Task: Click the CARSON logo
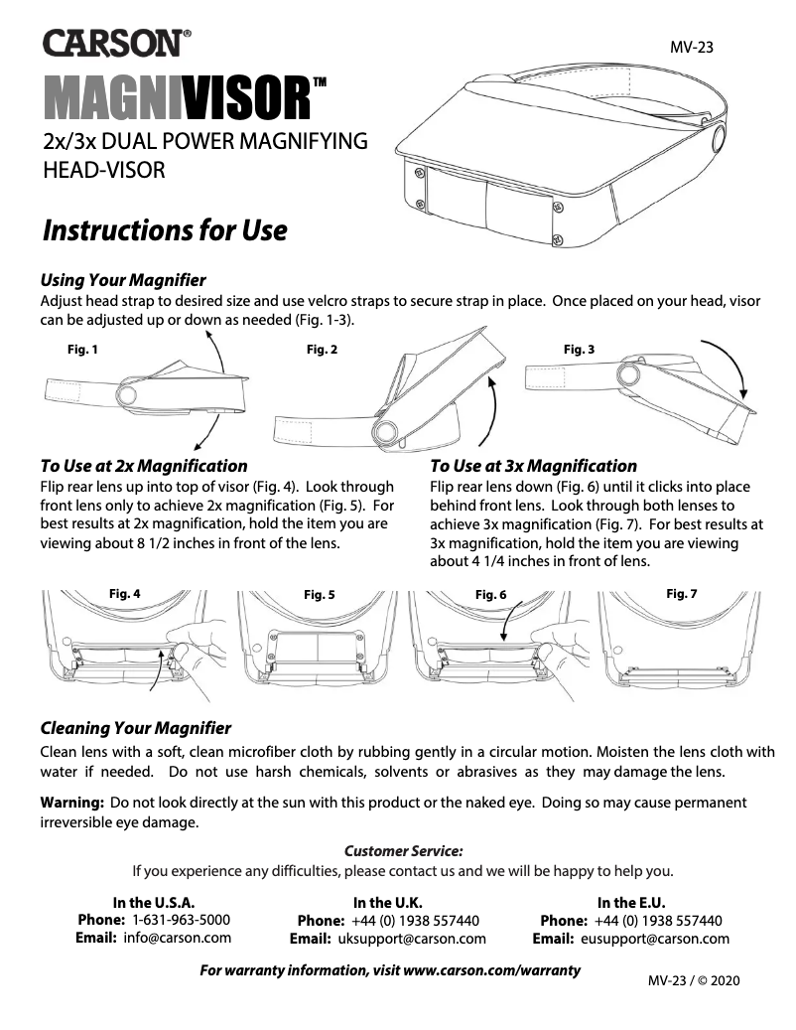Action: click(115, 44)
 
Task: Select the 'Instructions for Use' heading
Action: click(164, 231)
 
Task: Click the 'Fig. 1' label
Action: click(82, 350)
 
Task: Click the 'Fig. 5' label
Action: click(319, 595)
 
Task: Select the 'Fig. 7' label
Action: click(681, 593)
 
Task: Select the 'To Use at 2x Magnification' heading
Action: click(144, 466)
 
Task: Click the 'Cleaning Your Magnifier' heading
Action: click(136, 729)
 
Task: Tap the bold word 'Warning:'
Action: click(72, 802)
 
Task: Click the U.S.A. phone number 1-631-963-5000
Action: click(181, 921)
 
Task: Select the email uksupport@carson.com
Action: click(412, 939)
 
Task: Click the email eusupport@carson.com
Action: click(655, 939)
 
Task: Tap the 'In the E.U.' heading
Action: click(630, 903)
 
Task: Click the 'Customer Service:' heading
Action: click(403, 851)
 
